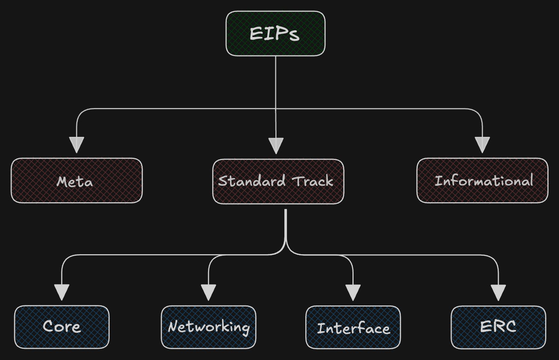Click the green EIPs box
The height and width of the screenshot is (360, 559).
pyautogui.click(x=275, y=34)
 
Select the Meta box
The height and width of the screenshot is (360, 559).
pyautogui.click(x=77, y=181)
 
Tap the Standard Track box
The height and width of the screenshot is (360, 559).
pyautogui.click(x=278, y=182)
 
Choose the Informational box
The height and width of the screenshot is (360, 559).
pyautogui.click(x=482, y=181)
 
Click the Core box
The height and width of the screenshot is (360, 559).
pyautogui.click(x=62, y=327)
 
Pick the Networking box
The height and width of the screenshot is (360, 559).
pyautogui.click(x=208, y=327)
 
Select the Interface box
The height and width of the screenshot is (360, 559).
pyautogui.click(x=353, y=327)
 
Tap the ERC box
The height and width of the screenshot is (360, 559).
pyautogui.click(x=498, y=327)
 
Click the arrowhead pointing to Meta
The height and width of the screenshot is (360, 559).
pyautogui.click(x=76, y=144)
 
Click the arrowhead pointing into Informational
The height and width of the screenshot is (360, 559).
pyautogui.click(x=482, y=144)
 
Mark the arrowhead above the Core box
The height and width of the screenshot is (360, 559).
pyautogui.click(x=62, y=292)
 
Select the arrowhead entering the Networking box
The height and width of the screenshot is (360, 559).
pyautogui.click(x=208, y=292)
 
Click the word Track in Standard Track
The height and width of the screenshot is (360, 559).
pyautogui.click(x=313, y=181)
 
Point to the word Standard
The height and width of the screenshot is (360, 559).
pyautogui.click(x=251, y=181)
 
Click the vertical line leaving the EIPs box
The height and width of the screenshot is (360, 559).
pyautogui.click(x=276, y=82)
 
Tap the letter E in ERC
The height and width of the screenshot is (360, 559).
pyautogui.click(x=485, y=326)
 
